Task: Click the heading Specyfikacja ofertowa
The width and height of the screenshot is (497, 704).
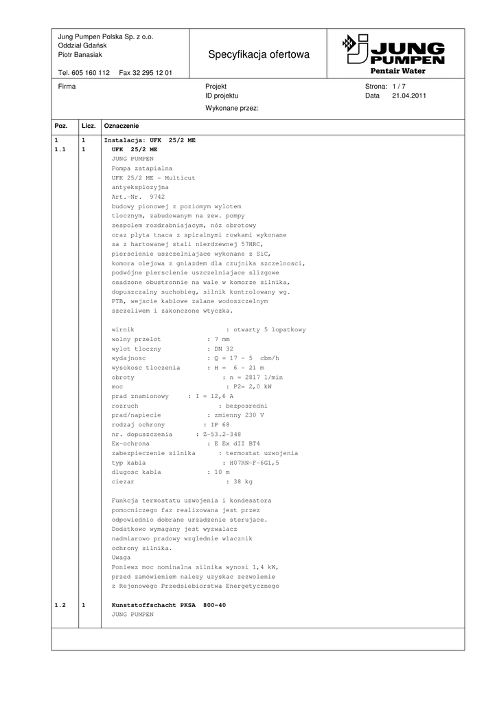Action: (259, 54)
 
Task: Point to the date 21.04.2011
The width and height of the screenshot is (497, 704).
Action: (409, 96)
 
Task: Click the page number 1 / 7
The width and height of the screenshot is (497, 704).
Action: (399, 87)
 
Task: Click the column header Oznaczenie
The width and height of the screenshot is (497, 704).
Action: (122, 126)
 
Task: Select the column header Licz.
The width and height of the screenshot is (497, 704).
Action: (89, 126)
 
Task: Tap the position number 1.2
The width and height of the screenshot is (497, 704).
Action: (60, 605)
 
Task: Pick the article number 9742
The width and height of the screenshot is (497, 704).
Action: (157, 197)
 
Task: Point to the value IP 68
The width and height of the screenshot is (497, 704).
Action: (222, 425)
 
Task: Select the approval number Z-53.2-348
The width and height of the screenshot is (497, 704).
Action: (221, 434)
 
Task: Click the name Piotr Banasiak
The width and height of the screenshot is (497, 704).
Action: (80, 54)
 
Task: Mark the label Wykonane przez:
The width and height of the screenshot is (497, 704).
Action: (231, 108)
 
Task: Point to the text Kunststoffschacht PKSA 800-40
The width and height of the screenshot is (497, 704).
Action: (168, 605)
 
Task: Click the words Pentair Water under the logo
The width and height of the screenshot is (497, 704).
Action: (398, 71)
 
